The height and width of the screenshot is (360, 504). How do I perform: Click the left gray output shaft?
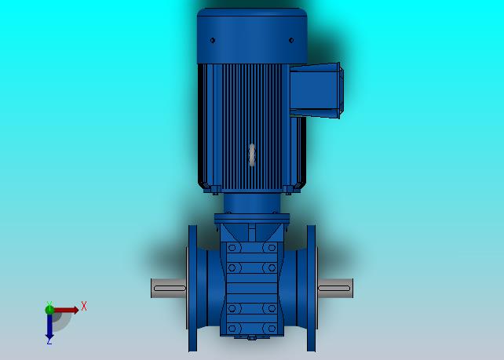tap(169, 288)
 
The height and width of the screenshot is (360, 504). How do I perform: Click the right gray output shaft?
tap(335, 288)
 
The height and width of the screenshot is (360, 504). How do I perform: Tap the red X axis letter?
tap(84, 306)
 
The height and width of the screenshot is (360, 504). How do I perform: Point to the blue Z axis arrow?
tap(49, 327)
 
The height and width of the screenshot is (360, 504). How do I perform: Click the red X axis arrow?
tap(66, 310)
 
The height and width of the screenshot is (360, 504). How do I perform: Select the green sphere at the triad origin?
tap(49, 310)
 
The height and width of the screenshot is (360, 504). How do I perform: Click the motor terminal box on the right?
tap(316, 90)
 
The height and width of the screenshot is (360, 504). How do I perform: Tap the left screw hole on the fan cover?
tap(213, 41)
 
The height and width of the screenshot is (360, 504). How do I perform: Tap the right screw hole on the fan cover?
tap(291, 41)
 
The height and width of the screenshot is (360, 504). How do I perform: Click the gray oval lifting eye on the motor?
tap(252, 155)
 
